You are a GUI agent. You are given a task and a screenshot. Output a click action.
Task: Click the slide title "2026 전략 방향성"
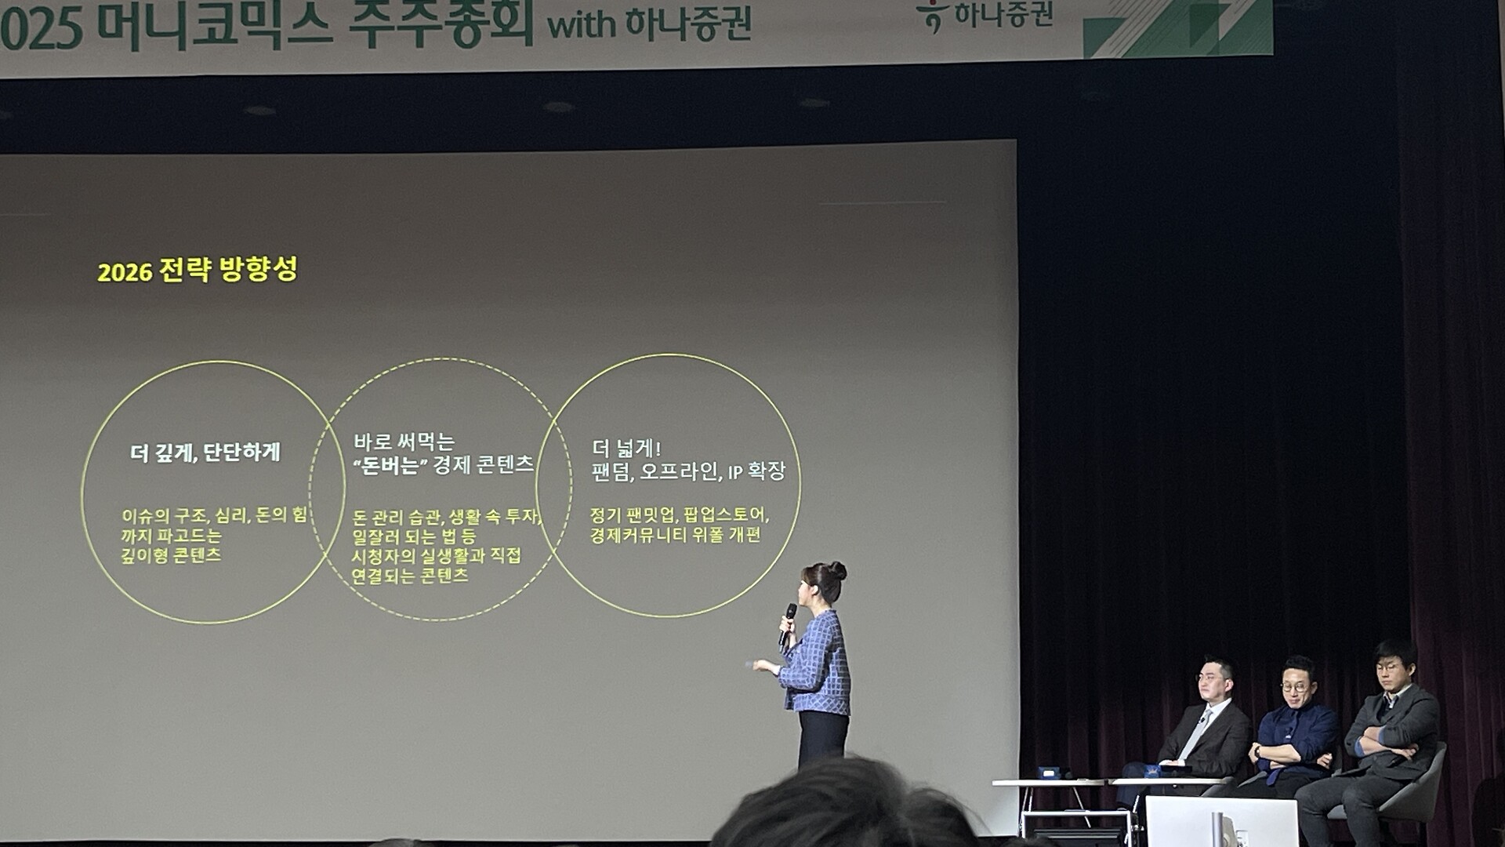click(197, 270)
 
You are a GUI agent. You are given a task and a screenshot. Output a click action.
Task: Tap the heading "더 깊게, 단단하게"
click(205, 453)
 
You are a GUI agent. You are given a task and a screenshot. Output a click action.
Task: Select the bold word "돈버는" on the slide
click(390, 465)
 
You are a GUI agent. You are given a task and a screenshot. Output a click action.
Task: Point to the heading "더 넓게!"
click(626, 449)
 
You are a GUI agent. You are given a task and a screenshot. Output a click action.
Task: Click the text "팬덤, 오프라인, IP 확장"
click(687, 471)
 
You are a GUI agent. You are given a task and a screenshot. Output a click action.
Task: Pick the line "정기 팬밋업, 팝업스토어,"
click(679, 515)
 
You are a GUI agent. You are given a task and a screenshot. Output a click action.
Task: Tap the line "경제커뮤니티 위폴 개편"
click(675, 535)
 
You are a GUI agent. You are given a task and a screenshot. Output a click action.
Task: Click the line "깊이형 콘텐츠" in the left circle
click(171, 555)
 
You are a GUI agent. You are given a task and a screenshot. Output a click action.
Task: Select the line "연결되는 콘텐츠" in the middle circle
click(410, 576)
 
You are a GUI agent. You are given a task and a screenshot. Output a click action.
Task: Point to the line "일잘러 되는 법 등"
click(414, 536)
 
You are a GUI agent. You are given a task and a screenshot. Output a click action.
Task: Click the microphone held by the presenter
click(787, 623)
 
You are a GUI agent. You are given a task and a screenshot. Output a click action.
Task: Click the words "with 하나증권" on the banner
click(649, 24)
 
